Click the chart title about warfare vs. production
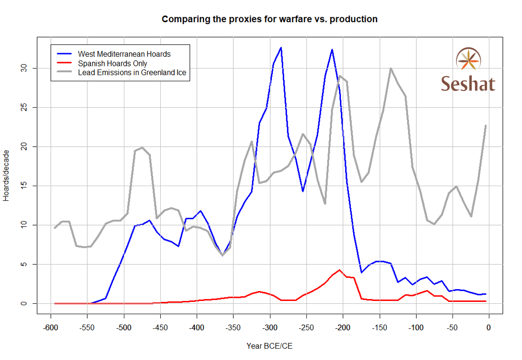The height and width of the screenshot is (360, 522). tap(270, 19)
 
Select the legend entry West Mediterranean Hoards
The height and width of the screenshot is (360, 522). tap(124, 54)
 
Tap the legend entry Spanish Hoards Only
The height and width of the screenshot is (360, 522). tap(112, 63)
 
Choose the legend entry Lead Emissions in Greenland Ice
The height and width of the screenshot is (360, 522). tap(132, 72)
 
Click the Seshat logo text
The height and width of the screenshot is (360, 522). tap(468, 84)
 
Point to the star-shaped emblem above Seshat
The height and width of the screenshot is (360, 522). tap(468, 59)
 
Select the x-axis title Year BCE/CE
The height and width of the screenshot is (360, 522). tap(270, 346)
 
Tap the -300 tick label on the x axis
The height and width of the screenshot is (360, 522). tap(270, 328)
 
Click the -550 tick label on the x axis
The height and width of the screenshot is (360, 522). tap(87, 328)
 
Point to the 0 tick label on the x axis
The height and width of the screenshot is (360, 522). tap(489, 328)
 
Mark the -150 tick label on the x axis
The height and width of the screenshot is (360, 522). tap(379, 328)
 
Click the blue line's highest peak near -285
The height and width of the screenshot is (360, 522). tap(281, 48)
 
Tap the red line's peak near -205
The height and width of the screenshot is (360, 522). tap(339, 270)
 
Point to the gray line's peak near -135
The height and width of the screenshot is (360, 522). tap(390, 69)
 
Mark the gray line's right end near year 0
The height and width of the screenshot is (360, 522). tap(486, 125)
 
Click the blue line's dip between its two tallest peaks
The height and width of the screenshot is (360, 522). tap(303, 192)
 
